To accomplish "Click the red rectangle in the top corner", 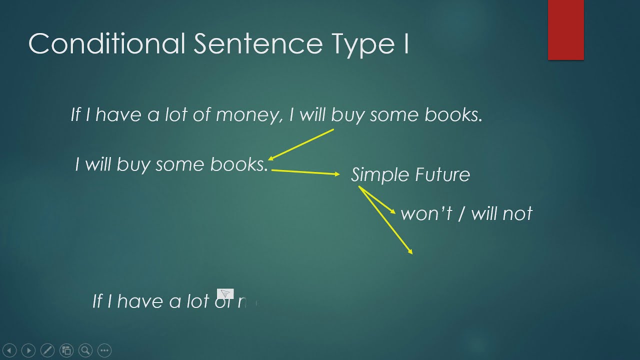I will [565, 30].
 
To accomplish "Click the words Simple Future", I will [410, 175].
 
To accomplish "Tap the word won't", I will [426, 214].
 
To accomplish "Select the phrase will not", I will [501, 214].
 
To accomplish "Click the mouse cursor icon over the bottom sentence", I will [225, 293].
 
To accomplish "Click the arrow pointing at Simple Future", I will [305, 172].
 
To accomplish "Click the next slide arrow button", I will [28, 350].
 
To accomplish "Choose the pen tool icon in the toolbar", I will [47, 350].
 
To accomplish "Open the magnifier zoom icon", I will [85, 350].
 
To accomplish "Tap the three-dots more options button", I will [104, 350].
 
